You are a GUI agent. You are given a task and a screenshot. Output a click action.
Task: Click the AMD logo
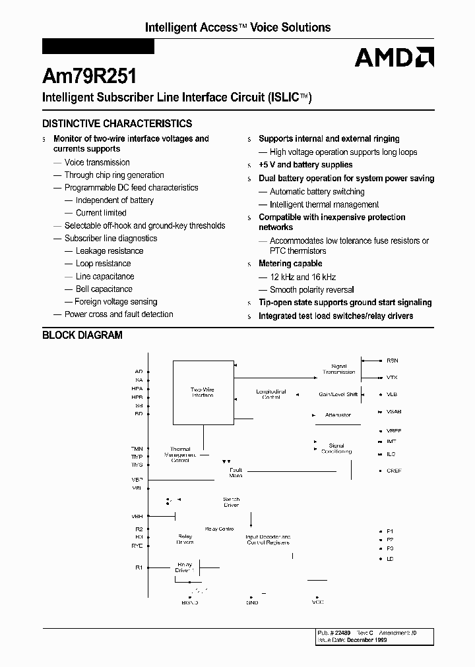[x=394, y=58]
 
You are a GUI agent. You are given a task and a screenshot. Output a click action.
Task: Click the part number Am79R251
[x=90, y=76]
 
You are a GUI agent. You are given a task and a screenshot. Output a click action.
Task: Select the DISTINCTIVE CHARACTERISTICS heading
[x=117, y=123]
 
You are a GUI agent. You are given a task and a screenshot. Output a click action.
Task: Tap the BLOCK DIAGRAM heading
[x=82, y=335]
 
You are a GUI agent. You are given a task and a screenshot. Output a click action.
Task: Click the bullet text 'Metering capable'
[x=290, y=264]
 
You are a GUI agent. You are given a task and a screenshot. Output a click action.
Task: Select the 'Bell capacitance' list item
[x=104, y=289]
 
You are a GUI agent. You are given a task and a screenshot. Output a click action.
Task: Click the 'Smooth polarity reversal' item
[x=311, y=290]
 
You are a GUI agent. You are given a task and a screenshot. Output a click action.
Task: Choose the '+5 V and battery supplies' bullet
[x=305, y=165]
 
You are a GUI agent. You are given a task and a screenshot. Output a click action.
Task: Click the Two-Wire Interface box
[x=203, y=392]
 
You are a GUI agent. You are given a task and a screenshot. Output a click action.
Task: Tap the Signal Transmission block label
[x=338, y=369]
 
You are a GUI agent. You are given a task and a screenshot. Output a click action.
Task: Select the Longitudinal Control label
[x=271, y=394]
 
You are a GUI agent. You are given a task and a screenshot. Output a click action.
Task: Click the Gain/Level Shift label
[x=338, y=394]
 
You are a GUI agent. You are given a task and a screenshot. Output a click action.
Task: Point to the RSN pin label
[x=393, y=361]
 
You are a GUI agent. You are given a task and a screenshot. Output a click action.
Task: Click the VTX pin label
[x=392, y=378]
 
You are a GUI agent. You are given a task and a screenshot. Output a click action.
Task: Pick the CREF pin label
[x=394, y=471]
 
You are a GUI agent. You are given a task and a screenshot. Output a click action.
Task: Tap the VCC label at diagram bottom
[x=317, y=602]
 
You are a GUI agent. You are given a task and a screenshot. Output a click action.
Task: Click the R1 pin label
[x=139, y=567]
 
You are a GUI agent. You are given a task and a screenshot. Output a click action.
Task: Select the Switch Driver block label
[x=231, y=502]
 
